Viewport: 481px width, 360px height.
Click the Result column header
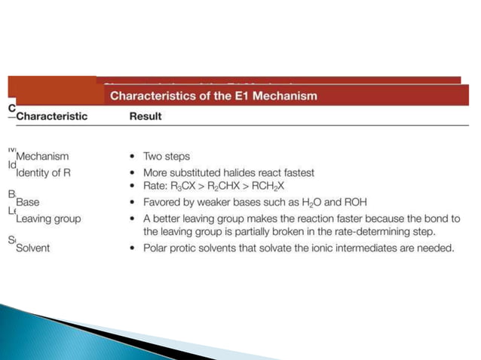point(145,116)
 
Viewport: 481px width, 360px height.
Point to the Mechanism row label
point(42,157)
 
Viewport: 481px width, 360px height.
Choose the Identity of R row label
point(47,172)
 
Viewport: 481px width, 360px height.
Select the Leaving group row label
point(48,218)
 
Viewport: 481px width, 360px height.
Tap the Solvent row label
point(32,248)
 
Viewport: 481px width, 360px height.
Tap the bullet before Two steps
point(133,157)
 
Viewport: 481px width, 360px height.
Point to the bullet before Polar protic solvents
point(133,248)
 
